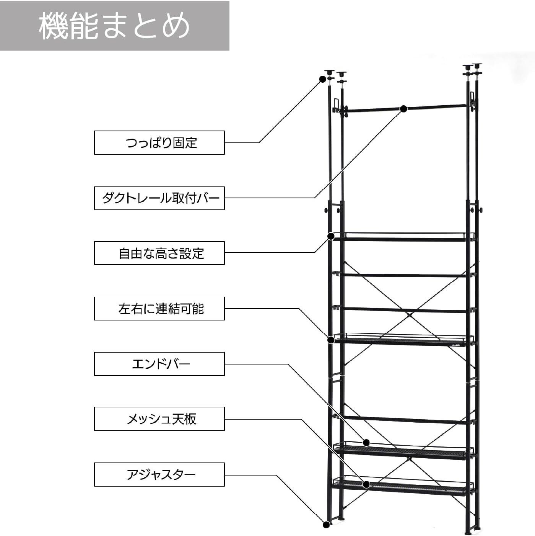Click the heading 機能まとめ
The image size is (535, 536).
click(x=114, y=25)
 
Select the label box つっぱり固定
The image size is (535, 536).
click(x=159, y=143)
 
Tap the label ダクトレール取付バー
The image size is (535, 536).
click(x=159, y=198)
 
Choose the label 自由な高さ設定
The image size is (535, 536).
click(x=159, y=253)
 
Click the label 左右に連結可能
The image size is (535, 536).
click(x=159, y=309)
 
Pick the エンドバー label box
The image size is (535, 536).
click(x=159, y=364)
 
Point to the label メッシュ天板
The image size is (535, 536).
click(x=159, y=419)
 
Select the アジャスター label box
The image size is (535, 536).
click(x=159, y=475)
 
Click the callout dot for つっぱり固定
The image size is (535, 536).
click(x=322, y=79)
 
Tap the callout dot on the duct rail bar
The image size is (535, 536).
click(x=403, y=109)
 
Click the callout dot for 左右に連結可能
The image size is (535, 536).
click(x=331, y=339)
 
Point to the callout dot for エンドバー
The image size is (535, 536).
click(x=366, y=443)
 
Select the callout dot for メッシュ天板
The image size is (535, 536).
click(x=366, y=485)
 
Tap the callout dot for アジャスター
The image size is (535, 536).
click(x=326, y=525)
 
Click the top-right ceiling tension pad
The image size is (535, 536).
click(x=478, y=65)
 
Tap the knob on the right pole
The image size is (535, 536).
click(x=481, y=210)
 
